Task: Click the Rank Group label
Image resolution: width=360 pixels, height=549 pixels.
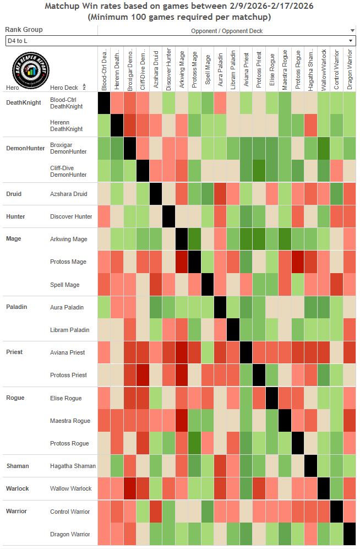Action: tap(24, 30)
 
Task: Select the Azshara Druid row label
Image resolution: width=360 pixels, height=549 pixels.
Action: tap(69, 194)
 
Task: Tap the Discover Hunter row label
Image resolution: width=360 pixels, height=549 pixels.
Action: tap(71, 216)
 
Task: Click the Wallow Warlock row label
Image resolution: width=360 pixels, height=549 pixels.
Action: tap(70, 488)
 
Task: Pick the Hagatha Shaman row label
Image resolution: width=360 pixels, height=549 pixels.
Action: tap(73, 466)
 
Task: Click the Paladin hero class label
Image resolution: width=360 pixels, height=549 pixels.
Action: tap(17, 307)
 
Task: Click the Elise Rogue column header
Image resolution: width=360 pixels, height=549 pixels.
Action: tap(271, 69)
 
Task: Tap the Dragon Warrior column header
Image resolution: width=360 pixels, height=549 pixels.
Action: tap(349, 69)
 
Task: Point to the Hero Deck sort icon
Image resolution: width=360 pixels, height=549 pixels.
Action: tap(84, 88)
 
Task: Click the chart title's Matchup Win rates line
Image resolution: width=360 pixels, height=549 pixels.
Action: tap(180, 7)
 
